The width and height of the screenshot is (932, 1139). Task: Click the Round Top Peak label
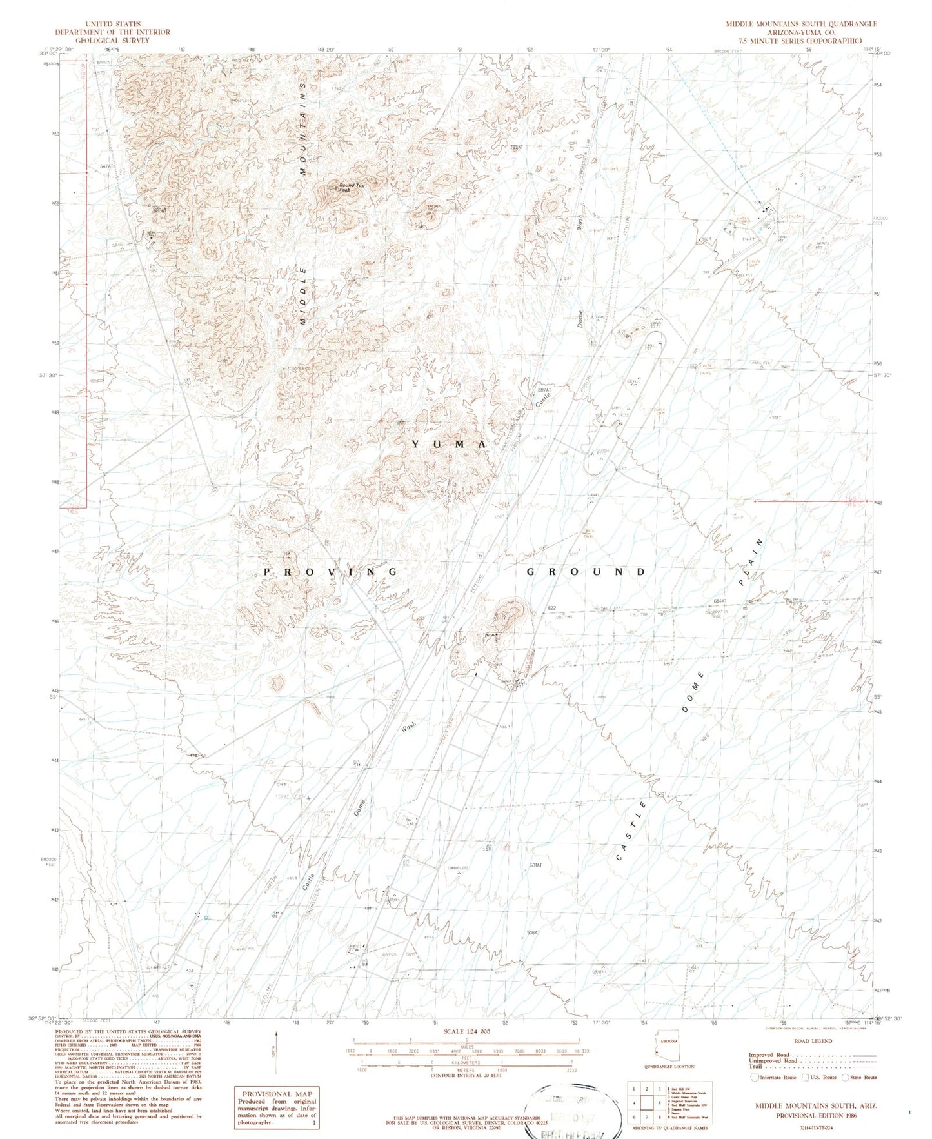coord(352,188)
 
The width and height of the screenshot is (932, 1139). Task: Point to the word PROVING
coord(331,572)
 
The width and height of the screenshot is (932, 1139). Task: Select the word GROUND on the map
coord(586,572)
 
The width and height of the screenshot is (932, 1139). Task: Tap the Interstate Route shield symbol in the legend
coord(754,1077)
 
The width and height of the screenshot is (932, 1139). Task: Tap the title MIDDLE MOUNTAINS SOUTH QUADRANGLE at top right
coord(800,24)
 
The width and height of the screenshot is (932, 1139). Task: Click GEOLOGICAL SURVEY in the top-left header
coord(112,40)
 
